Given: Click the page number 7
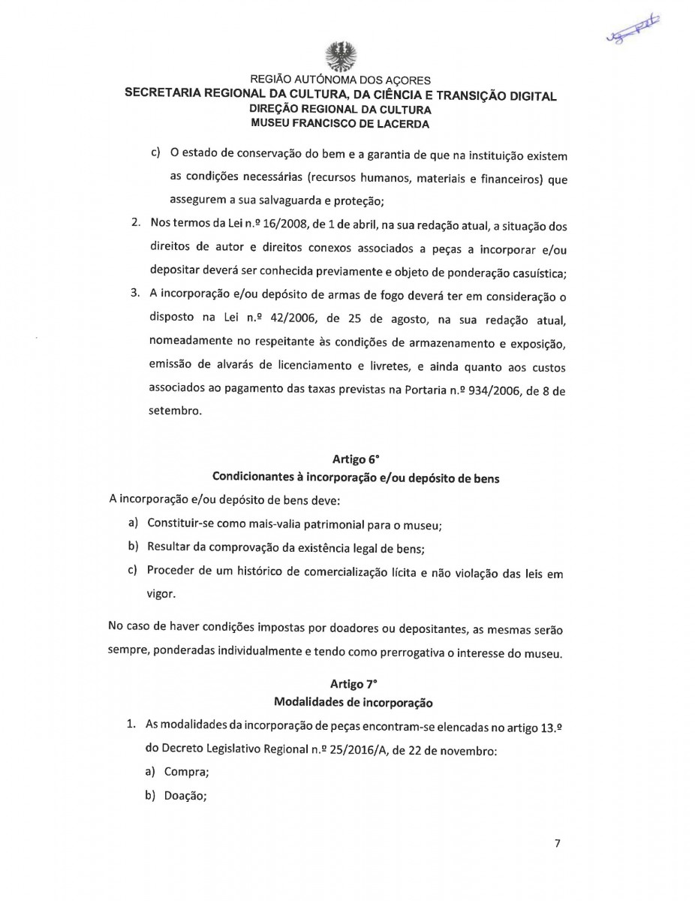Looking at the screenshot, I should (x=558, y=843).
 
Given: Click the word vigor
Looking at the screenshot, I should (x=163, y=592).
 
